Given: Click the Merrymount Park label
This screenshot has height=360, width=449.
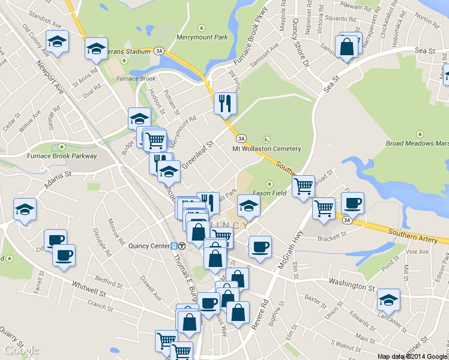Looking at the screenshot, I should [x=202, y=37].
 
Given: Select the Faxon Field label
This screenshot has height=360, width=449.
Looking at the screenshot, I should [x=269, y=193].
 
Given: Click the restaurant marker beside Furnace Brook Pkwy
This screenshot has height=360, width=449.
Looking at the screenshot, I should [x=225, y=103].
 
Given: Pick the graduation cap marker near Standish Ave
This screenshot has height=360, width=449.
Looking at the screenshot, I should [x=57, y=41].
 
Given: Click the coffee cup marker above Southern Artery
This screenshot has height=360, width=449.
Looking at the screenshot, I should [x=352, y=203].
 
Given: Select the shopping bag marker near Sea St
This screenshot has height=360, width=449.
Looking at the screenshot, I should [x=347, y=46].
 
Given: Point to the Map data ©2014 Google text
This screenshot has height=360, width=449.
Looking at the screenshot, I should [x=412, y=356].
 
